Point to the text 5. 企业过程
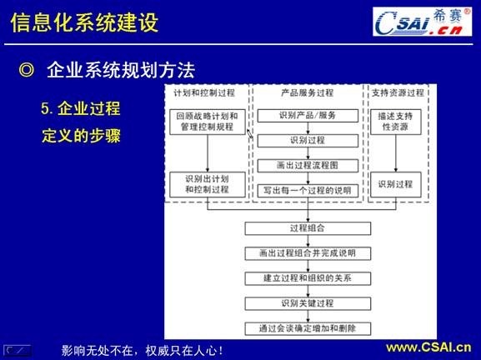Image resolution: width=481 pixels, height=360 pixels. coord(81,108)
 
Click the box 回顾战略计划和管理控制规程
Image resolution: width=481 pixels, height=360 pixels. coord(207,122)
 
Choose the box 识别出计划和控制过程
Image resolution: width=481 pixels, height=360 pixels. coord(207,184)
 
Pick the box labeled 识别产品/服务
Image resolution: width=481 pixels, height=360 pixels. coord(308,115)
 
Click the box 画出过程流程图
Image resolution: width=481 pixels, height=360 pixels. coord(308,165)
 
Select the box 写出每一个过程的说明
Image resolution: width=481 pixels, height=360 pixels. coord(308,190)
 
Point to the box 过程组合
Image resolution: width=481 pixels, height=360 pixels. coord(308,227)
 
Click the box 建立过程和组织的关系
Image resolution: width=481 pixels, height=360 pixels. coord(308,277)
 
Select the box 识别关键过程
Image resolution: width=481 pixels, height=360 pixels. coord(308,302)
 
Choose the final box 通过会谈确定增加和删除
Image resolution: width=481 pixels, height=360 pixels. coord(308,327)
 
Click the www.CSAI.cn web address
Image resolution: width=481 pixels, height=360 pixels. coord(428,347)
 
